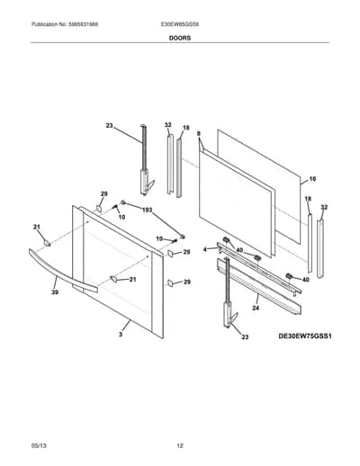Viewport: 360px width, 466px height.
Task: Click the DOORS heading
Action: click(x=180, y=38)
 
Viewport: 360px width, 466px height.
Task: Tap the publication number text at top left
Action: click(x=65, y=24)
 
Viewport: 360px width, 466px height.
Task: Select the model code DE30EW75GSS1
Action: click(x=305, y=336)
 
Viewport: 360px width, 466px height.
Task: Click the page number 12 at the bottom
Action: click(x=180, y=445)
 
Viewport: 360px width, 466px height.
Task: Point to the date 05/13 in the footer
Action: click(x=39, y=445)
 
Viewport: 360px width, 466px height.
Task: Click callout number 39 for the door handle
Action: click(x=55, y=291)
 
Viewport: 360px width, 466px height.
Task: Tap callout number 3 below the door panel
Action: click(x=121, y=335)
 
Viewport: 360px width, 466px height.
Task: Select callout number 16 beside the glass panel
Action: click(x=312, y=179)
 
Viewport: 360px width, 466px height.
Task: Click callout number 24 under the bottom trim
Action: click(x=256, y=308)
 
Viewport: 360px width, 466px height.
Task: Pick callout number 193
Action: click(x=147, y=210)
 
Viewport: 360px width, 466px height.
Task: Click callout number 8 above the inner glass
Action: click(x=198, y=134)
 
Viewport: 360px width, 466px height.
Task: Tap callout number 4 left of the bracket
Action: click(x=205, y=249)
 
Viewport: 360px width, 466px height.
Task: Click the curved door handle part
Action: click(x=62, y=271)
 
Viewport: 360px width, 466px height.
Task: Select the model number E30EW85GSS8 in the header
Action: click(x=180, y=24)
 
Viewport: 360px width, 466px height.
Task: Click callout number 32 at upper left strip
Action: click(x=167, y=125)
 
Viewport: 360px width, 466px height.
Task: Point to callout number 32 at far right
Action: click(x=324, y=207)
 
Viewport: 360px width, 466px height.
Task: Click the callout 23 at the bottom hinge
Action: click(x=245, y=337)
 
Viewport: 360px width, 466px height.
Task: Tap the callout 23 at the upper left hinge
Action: click(x=109, y=125)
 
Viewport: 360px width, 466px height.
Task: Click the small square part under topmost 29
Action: click(x=99, y=208)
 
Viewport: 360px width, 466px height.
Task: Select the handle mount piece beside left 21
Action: click(x=47, y=243)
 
